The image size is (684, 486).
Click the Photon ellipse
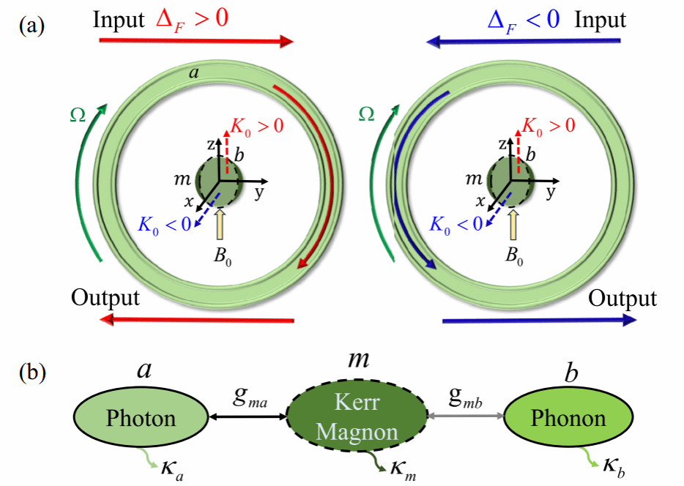click(141, 418)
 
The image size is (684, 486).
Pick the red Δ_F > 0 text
click(193, 19)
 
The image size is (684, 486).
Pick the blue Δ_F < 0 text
click(524, 19)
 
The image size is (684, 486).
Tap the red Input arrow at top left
click(196, 40)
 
